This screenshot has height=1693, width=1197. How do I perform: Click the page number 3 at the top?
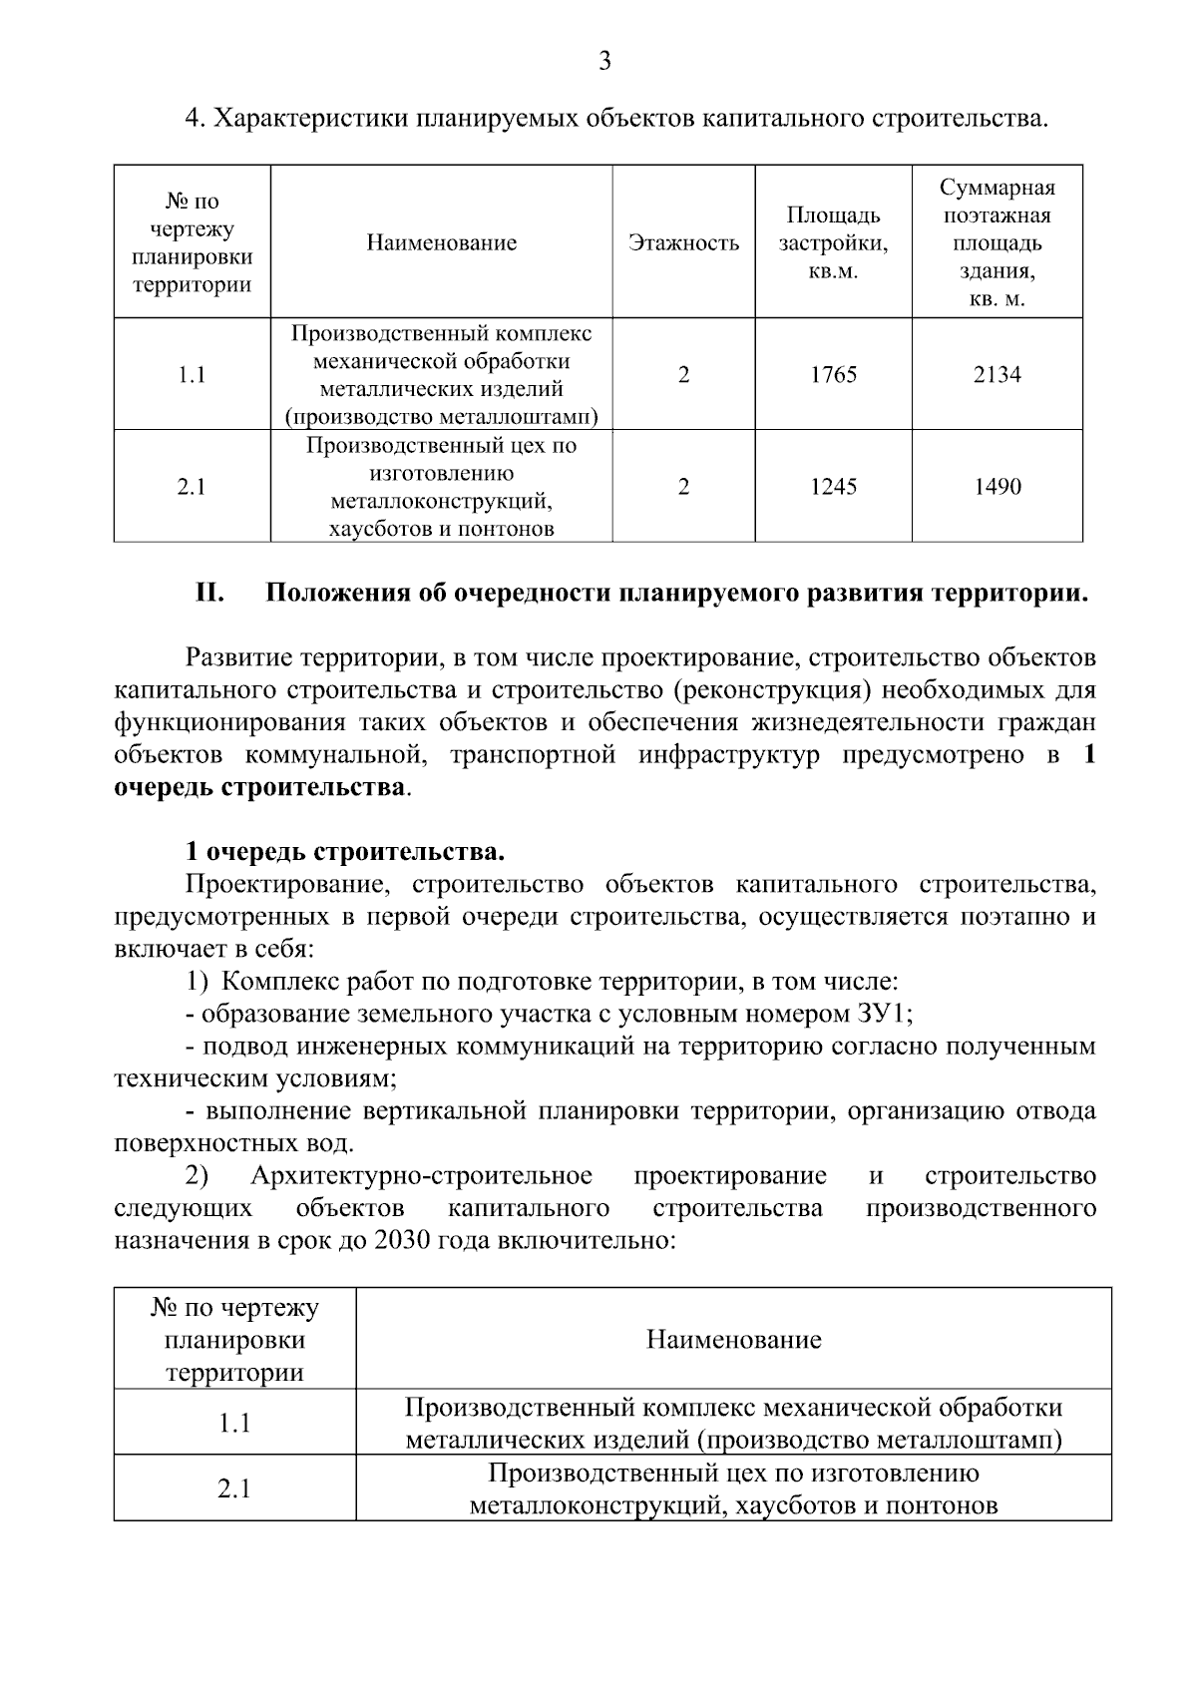pyautogui.click(x=604, y=62)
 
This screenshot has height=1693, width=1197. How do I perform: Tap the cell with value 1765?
pyautogui.click(x=833, y=375)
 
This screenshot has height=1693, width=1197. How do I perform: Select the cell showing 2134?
pyautogui.click(x=997, y=375)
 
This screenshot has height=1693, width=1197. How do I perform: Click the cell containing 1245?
pyautogui.click(x=833, y=487)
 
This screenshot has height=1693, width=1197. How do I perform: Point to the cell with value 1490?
pyautogui.click(x=997, y=487)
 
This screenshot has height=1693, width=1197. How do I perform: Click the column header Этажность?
pyautogui.click(x=683, y=242)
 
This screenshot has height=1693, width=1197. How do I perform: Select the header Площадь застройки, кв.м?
pyautogui.click(x=833, y=242)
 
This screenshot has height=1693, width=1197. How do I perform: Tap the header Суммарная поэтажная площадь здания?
pyautogui.click(x=997, y=242)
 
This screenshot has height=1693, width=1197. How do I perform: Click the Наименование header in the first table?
pyautogui.click(x=441, y=242)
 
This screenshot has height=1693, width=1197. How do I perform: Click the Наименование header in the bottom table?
pyautogui.click(x=733, y=1339)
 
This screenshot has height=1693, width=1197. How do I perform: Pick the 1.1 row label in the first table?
pyautogui.click(x=192, y=375)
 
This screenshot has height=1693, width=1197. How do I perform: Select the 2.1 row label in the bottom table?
pyautogui.click(x=234, y=1488)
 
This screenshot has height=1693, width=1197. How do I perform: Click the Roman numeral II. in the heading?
pyautogui.click(x=209, y=594)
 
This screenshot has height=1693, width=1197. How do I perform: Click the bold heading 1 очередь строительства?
pyautogui.click(x=344, y=852)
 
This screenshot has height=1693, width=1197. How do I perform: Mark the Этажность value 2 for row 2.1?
pyautogui.click(x=683, y=487)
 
